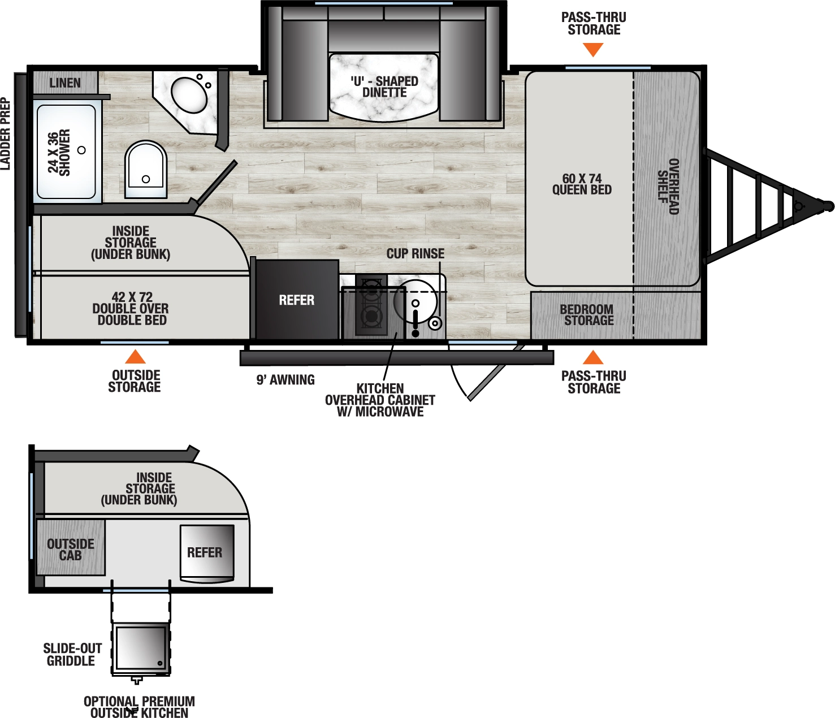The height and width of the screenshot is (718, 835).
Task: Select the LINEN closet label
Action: click(65, 83)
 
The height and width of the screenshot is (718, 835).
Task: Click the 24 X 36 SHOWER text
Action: click(59, 152)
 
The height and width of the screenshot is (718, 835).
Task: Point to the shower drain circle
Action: click(82, 150)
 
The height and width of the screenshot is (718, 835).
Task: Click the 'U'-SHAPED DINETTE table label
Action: click(384, 86)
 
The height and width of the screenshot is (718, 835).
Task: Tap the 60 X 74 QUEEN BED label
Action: click(582, 184)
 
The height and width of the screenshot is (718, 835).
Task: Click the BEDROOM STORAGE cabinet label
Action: click(587, 315)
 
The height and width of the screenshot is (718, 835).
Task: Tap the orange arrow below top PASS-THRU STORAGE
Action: click(593, 50)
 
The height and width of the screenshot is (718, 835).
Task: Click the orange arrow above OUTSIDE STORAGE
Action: click(135, 357)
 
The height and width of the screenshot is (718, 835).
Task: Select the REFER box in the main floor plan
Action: click(296, 300)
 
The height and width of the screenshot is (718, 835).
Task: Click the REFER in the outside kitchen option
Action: click(206, 552)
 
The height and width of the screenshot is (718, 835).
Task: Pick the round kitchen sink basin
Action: click(416, 301)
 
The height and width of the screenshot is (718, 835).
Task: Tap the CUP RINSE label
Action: click(415, 254)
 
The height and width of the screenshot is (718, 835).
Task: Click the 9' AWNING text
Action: click(285, 380)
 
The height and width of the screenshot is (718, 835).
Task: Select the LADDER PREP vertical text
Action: click(6, 134)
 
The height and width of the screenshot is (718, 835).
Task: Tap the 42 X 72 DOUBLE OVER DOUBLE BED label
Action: click(132, 309)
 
